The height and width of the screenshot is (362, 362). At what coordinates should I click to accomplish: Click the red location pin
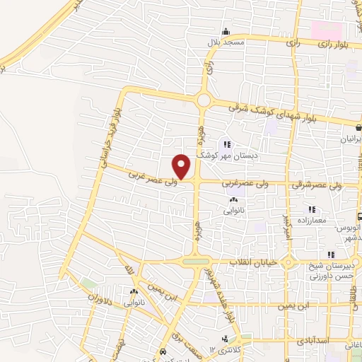click(x=182, y=166)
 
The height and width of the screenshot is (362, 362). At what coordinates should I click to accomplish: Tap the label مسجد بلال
click(x=225, y=43)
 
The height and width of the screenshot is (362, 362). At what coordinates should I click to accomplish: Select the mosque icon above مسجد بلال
click(x=225, y=32)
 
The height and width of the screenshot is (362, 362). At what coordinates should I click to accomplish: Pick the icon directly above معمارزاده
click(x=311, y=209)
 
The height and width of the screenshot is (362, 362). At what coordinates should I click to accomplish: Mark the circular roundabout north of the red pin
click(x=204, y=100)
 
